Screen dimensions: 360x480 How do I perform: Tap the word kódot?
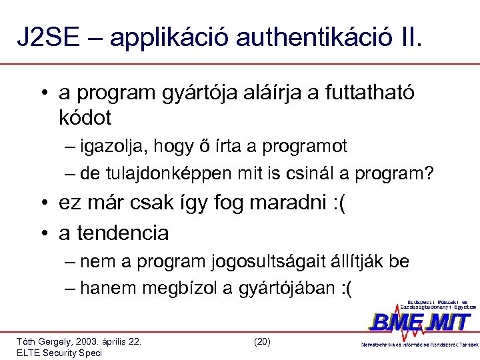(x=85, y=118)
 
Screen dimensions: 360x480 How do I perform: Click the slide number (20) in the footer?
(x=262, y=341)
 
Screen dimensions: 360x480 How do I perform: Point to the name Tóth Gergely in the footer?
(x=43, y=341)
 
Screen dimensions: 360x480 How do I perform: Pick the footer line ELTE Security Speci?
(x=59, y=353)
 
